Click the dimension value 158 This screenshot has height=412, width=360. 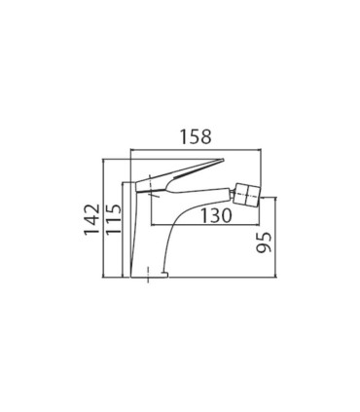click(196, 136)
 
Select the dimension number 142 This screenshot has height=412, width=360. click(91, 219)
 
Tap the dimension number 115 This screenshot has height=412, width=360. click(114, 219)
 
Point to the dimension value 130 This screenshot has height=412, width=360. click(216, 215)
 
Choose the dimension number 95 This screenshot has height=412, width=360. click(264, 243)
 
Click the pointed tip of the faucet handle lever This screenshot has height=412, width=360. click(223, 159)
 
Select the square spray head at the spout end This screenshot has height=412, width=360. click(247, 194)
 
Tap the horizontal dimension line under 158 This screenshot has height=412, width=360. click(196, 150)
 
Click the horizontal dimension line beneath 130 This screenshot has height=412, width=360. click(206, 225)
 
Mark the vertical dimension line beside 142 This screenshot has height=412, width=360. click(102, 218)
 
